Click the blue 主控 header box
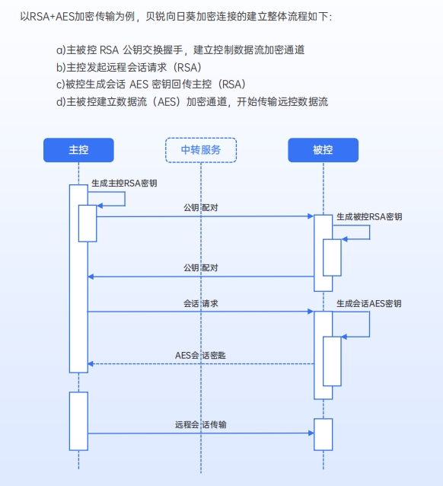coord(78,150)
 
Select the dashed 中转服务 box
coord(201,150)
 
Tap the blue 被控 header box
coord(323,150)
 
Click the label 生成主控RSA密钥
coord(124,183)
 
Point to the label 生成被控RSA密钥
coord(369,216)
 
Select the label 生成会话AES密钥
coord(369,303)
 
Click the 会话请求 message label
coord(201,303)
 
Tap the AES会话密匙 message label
coord(200,355)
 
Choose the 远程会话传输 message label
coord(201,424)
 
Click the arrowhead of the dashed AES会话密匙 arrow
coord(91,363)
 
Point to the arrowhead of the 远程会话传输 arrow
coord(311,433)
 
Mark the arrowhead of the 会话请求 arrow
coord(311,312)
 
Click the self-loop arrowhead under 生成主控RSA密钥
coord(100,206)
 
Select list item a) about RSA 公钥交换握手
coord(180,50)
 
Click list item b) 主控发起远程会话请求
coord(129,67)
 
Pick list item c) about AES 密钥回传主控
coord(151,85)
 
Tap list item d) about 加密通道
coord(192,101)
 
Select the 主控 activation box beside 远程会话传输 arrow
coord(78,421)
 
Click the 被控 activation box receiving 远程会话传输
coord(323,434)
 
